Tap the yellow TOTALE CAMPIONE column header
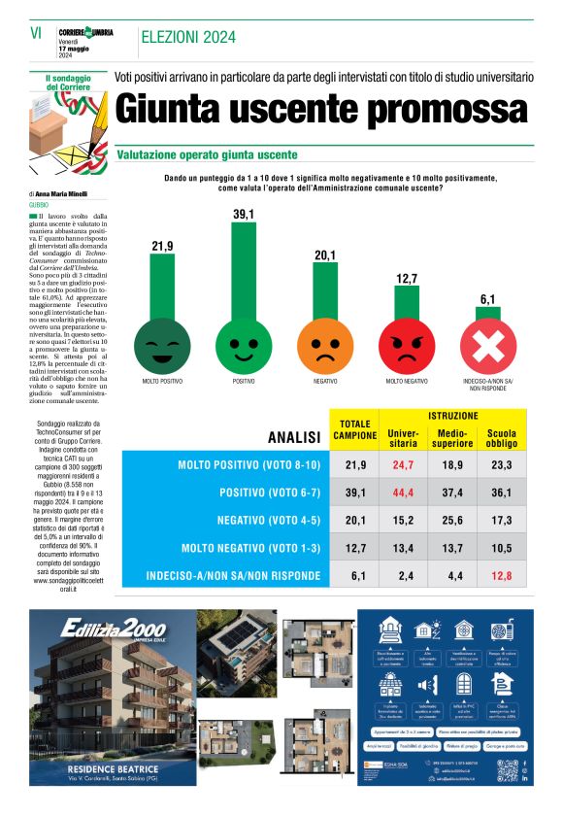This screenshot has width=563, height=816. coord(355,430)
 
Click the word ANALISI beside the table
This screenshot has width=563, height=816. coord(294,437)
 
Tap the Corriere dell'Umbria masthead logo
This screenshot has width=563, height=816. coord(85,32)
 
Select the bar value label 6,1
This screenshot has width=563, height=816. coord(487,298)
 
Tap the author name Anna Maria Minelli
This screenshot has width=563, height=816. coord(70,194)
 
